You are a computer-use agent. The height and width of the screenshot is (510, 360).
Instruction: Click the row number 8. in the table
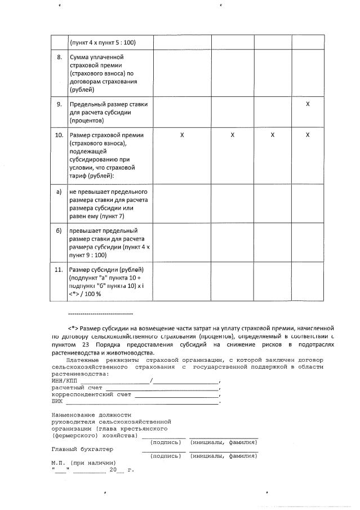coord(60,57)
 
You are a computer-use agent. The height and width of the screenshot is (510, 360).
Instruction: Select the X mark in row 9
coord(308,104)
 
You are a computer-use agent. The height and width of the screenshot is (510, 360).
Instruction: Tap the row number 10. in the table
coord(59,135)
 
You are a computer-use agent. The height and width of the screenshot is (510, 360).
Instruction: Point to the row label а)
coord(59,192)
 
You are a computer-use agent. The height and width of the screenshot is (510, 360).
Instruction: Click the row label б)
coord(59,231)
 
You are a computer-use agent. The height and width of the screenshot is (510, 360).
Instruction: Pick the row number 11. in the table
coord(59,269)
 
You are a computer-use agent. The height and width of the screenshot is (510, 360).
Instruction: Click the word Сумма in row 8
coord(81,57)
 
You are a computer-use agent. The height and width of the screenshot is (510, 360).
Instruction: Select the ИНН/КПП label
coord(63,380)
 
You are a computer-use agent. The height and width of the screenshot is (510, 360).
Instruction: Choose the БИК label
coord(57,402)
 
